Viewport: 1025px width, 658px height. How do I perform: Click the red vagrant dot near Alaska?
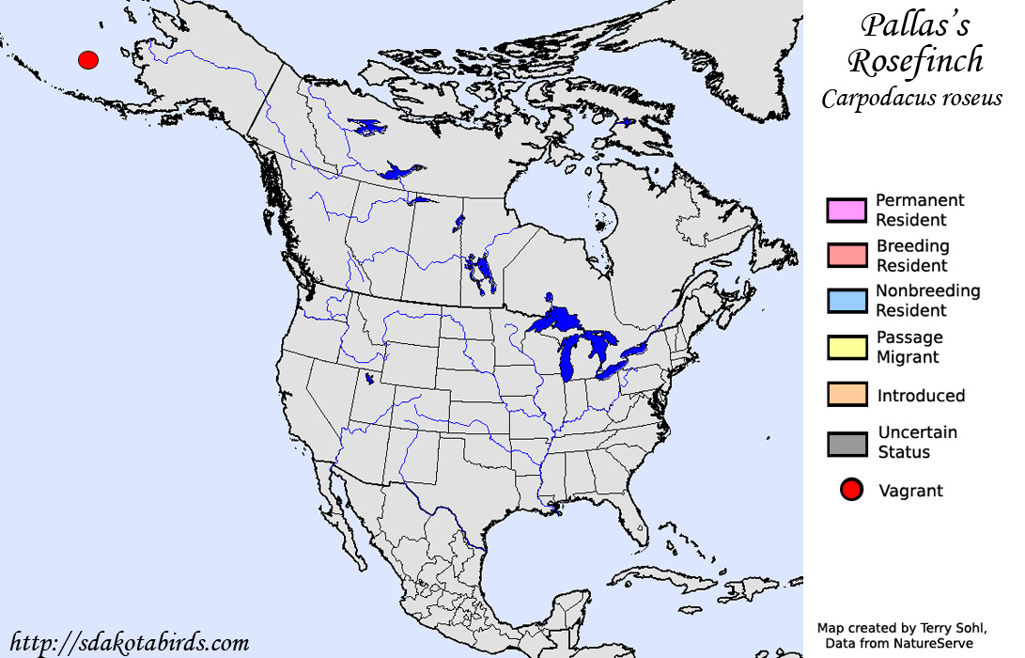(88, 60)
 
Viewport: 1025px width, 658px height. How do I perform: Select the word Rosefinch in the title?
(915, 61)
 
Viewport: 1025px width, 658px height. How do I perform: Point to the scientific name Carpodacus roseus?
(912, 98)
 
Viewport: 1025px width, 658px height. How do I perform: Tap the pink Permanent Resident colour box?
(846, 211)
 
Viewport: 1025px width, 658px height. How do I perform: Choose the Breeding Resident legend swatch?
(846, 256)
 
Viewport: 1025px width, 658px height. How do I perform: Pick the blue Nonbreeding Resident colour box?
(846, 301)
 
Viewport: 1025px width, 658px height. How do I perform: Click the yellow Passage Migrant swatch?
(846, 347)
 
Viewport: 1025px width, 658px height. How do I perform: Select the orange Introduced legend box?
(846, 396)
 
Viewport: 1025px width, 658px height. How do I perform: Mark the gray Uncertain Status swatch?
(846, 443)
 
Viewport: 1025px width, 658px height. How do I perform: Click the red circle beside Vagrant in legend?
(852, 490)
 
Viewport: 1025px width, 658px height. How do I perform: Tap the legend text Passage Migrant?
(909, 347)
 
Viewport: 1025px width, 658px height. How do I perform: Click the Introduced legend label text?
(921, 396)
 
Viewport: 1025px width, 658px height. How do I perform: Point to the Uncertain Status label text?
(917, 442)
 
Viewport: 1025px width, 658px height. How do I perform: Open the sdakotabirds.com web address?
(129, 643)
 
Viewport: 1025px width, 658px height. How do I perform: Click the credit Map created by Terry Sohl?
(902, 628)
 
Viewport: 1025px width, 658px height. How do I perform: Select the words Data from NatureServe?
(900, 643)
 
